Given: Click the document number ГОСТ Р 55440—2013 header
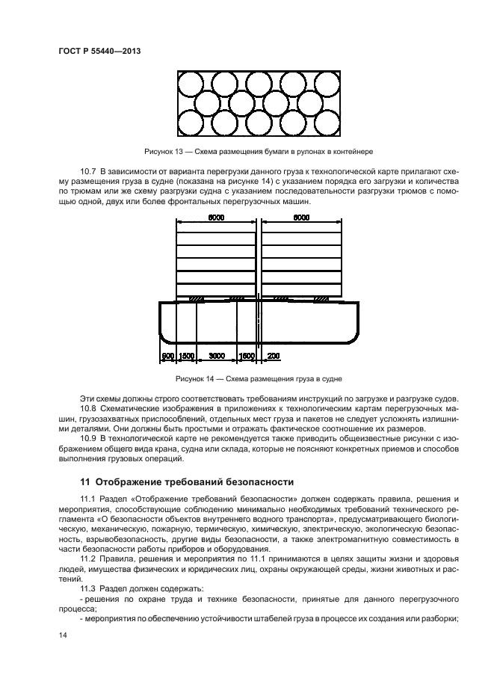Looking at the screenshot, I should click(x=99, y=52).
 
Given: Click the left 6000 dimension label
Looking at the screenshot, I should click(x=217, y=218).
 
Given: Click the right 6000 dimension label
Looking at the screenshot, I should click(x=301, y=218).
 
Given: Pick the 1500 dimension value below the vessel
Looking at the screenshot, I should click(x=187, y=356).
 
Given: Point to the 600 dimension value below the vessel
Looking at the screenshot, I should click(x=168, y=356).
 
